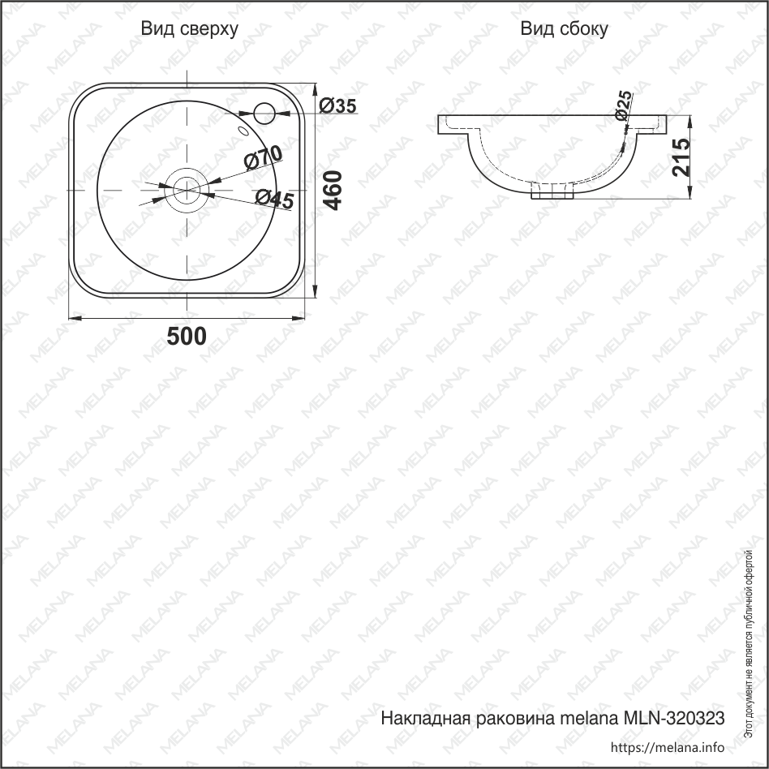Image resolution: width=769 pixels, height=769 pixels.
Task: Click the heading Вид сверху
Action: tap(190, 30)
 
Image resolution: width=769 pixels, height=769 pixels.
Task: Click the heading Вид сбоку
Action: tap(565, 30)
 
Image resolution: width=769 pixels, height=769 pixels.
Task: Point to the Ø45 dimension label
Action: tap(273, 198)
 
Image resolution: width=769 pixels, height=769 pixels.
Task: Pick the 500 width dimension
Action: tap(187, 337)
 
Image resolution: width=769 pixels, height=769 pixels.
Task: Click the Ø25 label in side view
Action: tap(623, 105)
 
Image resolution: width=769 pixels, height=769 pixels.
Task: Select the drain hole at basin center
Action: tap(187, 189)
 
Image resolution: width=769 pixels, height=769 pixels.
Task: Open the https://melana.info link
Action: tap(666, 747)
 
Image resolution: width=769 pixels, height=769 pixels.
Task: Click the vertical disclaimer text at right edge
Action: tap(750, 641)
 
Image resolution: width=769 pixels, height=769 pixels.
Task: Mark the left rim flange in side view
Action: tap(451, 124)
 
